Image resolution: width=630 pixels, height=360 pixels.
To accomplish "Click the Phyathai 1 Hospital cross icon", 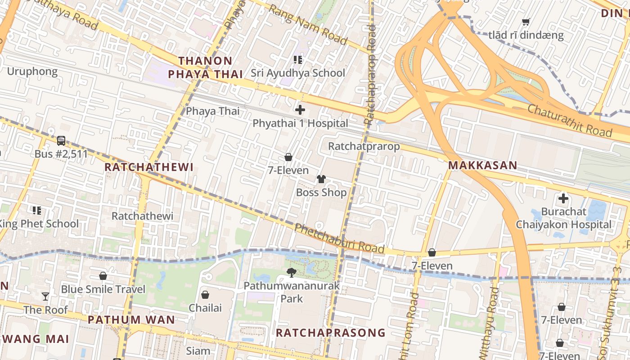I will click(300, 109).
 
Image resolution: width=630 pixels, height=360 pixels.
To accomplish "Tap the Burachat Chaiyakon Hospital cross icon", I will click(563, 198).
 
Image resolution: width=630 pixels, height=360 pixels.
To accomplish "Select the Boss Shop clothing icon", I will click(321, 179).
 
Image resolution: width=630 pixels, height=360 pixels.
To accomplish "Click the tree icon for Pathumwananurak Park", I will click(292, 272).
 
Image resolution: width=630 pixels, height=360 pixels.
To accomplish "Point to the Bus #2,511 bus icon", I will click(61, 140).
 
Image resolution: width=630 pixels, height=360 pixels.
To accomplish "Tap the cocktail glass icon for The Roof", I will click(45, 296).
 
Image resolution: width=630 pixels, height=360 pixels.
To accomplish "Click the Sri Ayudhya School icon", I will click(297, 59).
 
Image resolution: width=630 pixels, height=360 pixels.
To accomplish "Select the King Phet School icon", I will click(37, 210).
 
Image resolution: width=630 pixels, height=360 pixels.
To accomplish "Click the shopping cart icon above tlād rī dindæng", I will click(526, 22).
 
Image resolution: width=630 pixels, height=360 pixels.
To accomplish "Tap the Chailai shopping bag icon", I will click(205, 295).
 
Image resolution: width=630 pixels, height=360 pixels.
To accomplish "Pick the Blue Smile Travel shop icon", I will click(103, 276).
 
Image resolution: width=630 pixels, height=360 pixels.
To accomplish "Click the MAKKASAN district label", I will click(483, 166).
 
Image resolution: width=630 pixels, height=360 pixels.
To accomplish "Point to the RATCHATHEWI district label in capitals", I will click(149, 167).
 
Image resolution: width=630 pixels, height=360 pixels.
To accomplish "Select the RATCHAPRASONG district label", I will click(331, 333).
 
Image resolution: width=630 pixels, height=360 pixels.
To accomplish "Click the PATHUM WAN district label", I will click(131, 320).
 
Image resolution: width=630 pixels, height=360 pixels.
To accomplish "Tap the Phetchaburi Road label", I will click(339, 239).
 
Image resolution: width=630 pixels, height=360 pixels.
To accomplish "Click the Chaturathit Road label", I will click(569, 120).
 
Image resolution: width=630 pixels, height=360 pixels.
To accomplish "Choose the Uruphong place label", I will click(32, 72).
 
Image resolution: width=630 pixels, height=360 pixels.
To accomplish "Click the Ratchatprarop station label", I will click(364, 146).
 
